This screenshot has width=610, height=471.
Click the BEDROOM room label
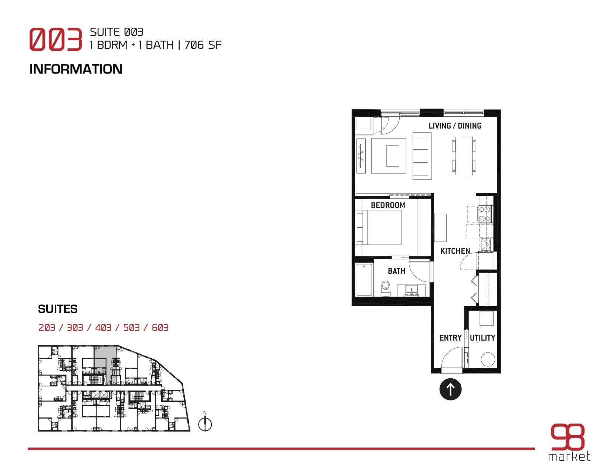(388, 205)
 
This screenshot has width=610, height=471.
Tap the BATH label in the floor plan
(396, 271)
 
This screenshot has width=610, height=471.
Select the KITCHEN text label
(455, 251)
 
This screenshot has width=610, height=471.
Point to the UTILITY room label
(482, 338)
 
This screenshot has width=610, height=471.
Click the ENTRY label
(450, 338)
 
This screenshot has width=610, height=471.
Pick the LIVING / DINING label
(455, 126)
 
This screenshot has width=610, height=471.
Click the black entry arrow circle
(450, 389)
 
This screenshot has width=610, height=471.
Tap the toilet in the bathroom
(386, 289)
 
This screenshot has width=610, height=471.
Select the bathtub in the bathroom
(364, 279)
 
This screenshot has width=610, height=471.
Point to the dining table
(464, 156)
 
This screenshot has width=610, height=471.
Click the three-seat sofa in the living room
(421, 156)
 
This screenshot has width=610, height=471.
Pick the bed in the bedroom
(379, 227)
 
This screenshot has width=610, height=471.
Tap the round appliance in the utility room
(488, 359)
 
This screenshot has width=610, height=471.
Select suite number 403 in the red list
(103, 327)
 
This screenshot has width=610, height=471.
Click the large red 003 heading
(55, 39)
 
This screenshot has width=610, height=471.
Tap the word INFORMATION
(76, 69)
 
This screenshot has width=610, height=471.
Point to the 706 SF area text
(203, 45)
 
